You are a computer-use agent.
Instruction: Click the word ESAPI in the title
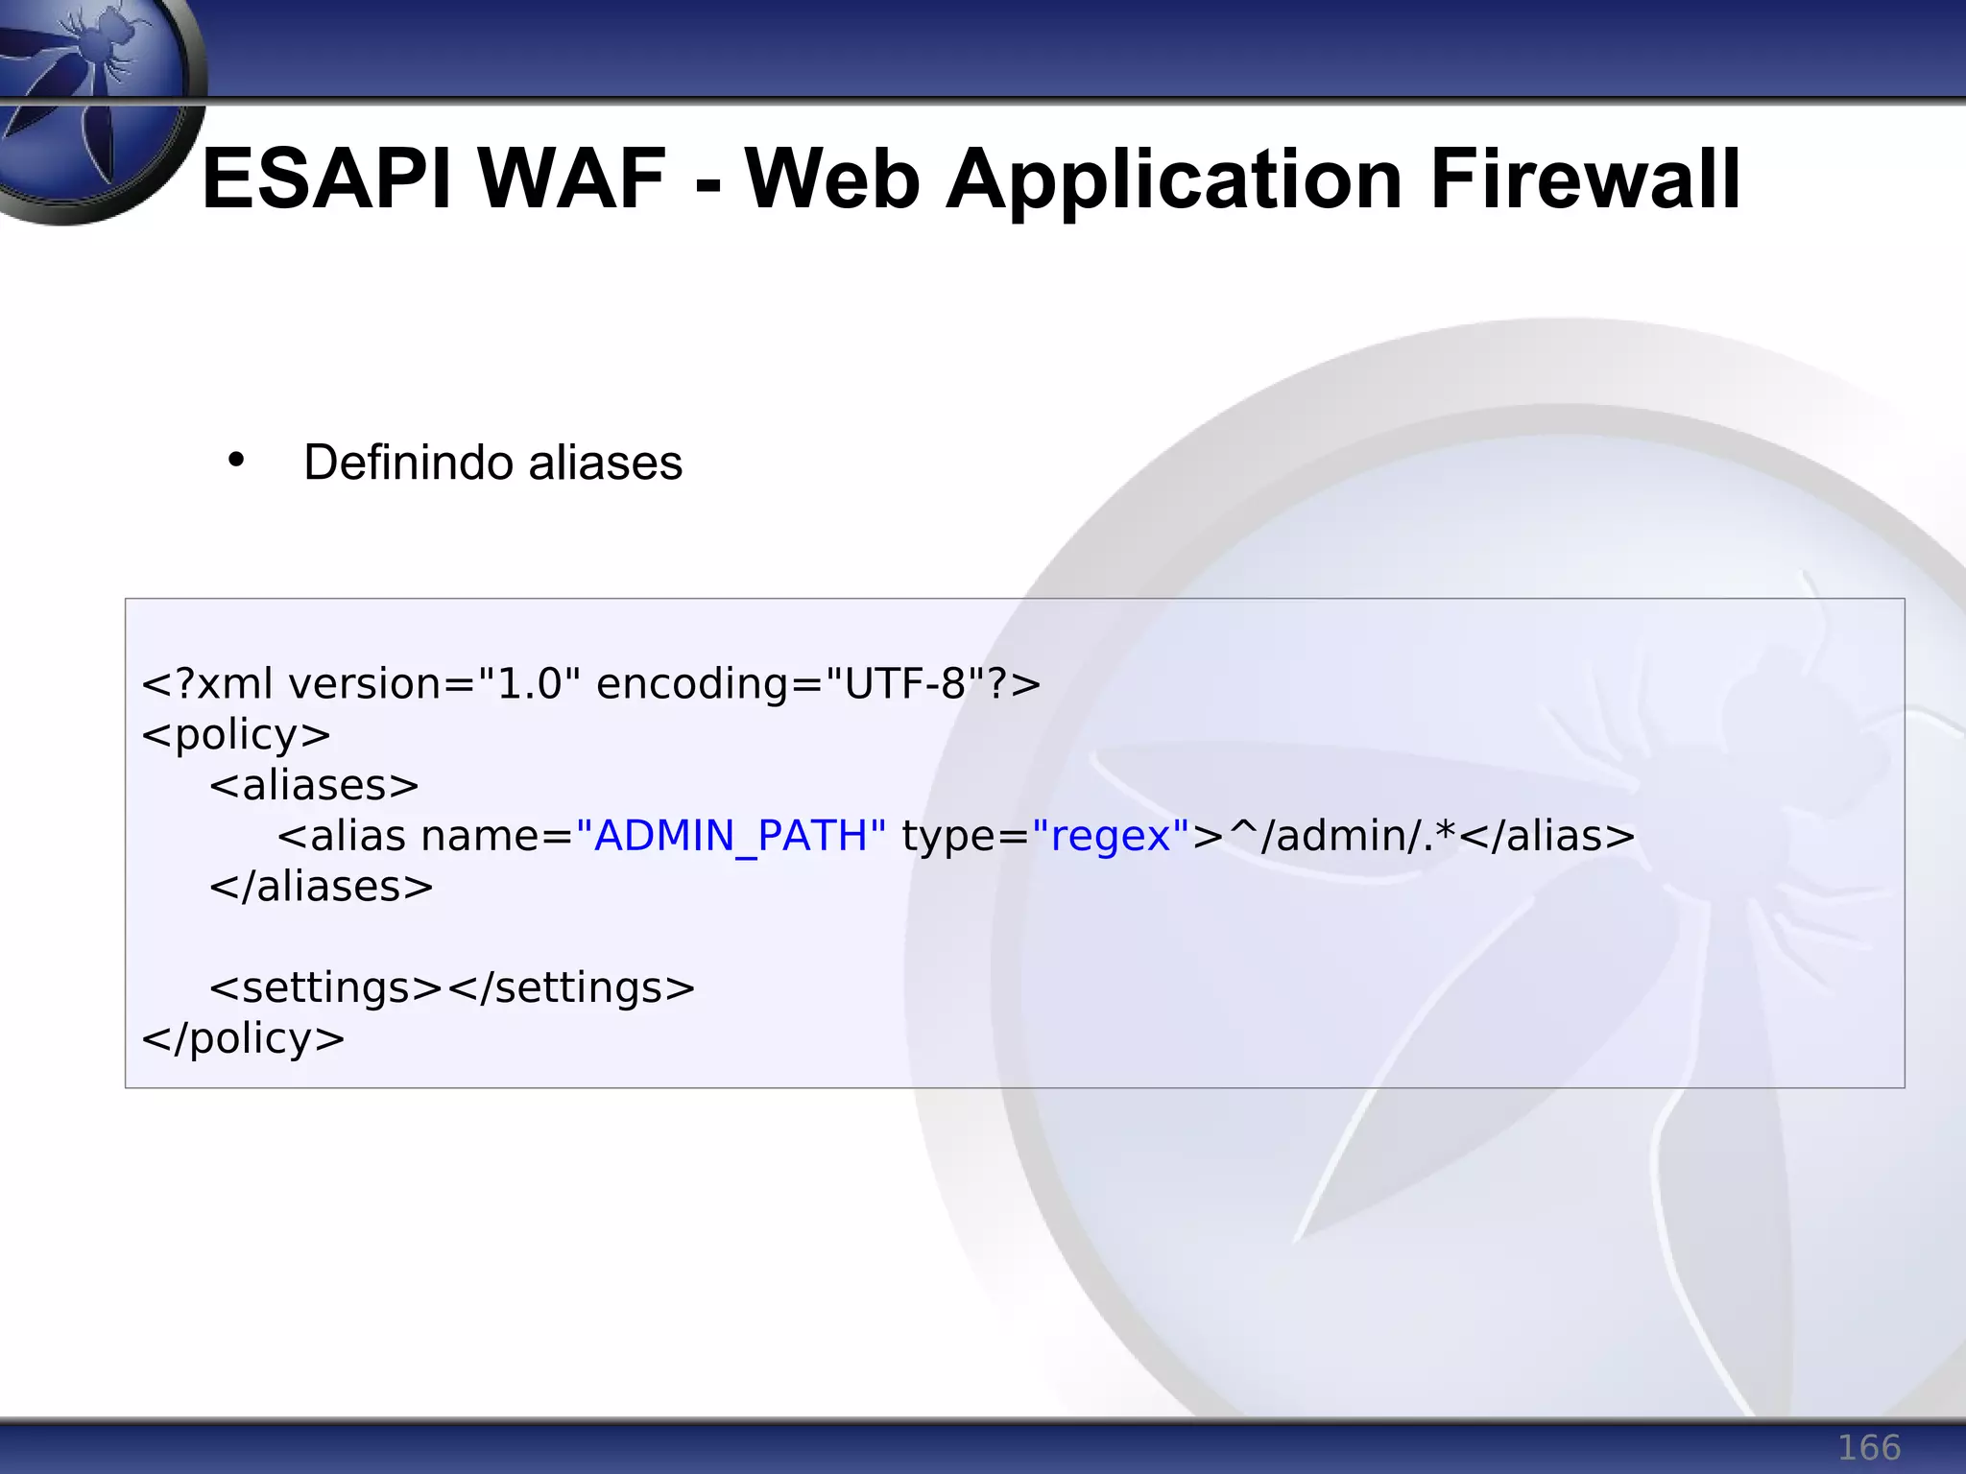pyautogui.click(x=325, y=179)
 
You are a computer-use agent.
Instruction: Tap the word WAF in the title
pyautogui.click(x=571, y=179)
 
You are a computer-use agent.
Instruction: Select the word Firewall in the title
pyautogui.click(x=1585, y=179)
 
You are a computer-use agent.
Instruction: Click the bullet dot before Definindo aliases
pyautogui.click(x=236, y=461)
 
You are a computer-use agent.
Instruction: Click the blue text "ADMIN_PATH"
pyautogui.click(x=731, y=836)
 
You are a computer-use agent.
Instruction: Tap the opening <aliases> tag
pyautogui.click(x=314, y=786)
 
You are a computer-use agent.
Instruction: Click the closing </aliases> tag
pyautogui.click(x=322, y=887)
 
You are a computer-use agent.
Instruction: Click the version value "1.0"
pyautogui.click(x=529, y=684)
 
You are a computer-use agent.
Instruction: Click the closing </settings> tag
pyautogui.click(x=572, y=988)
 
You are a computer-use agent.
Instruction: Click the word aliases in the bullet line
pyautogui.click(x=605, y=464)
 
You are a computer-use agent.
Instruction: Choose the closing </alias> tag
pyautogui.click(x=1547, y=836)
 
